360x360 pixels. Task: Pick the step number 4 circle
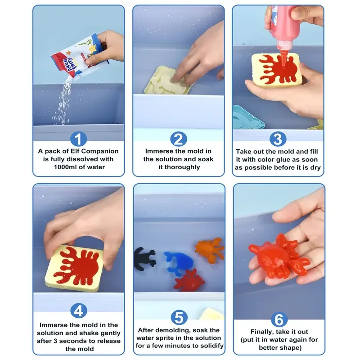click(79, 310)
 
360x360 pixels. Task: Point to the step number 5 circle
click(179, 317)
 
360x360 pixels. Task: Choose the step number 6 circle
click(278, 320)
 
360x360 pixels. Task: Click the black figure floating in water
click(144, 258)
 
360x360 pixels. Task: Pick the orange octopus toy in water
click(210, 248)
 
